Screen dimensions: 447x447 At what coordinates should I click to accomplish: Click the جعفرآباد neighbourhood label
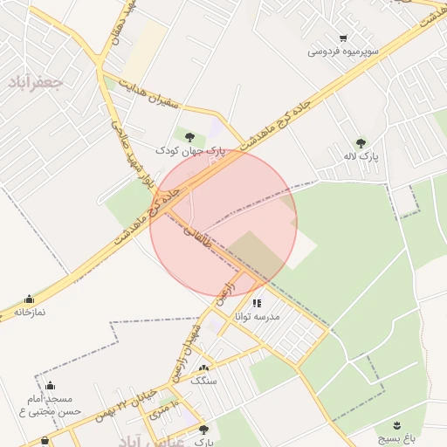pyautogui.click(x=36, y=83)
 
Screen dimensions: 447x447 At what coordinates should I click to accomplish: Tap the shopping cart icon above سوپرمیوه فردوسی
pyautogui.click(x=343, y=38)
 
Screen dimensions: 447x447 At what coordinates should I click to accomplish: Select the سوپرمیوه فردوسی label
pyautogui.click(x=343, y=52)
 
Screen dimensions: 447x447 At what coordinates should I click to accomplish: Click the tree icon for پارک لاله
pyautogui.click(x=361, y=142)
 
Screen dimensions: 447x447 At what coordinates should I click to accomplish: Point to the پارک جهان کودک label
pyautogui.click(x=190, y=150)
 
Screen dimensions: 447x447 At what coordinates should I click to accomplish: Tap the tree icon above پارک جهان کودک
pyautogui.click(x=190, y=135)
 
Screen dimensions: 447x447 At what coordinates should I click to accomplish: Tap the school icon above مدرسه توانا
pyautogui.click(x=257, y=303)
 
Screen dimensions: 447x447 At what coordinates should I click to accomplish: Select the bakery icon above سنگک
pyautogui.click(x=204, y=368)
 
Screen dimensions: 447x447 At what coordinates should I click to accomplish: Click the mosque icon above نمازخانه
pyautogui.click(x=30, y=299)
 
